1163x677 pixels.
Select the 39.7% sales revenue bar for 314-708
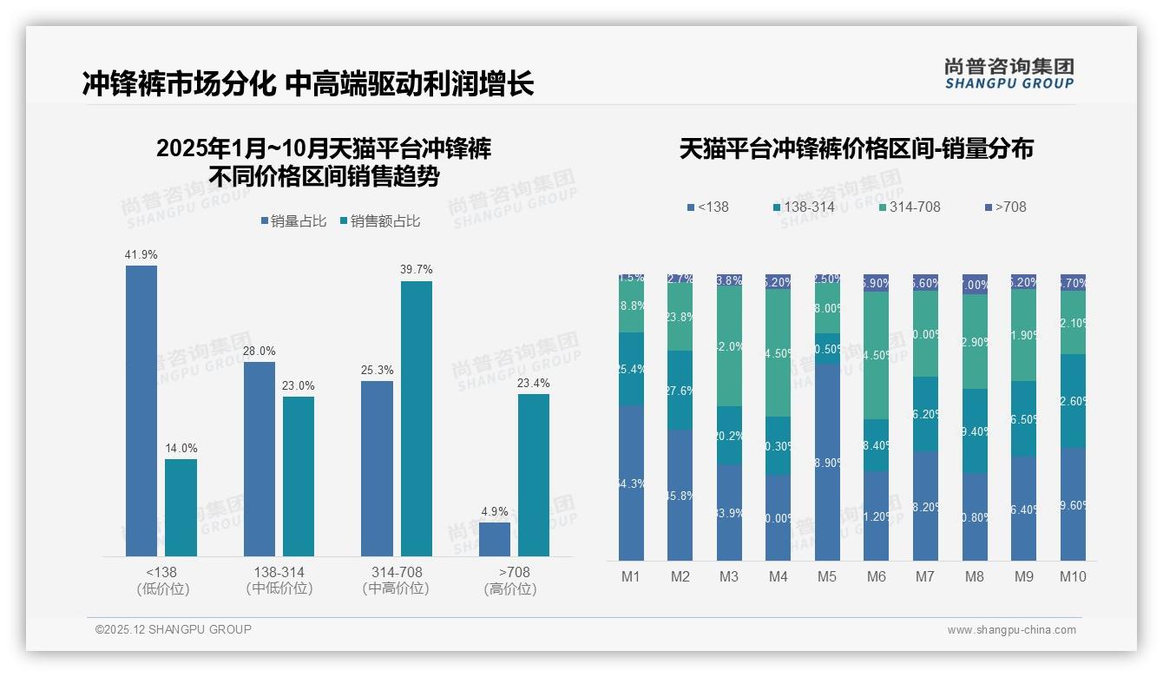coord(417,418)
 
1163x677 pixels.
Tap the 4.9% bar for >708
coord(495,539)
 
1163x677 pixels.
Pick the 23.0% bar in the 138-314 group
coord(299,477)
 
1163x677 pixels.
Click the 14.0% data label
coord(181,449)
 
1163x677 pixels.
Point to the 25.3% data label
coord(378,371)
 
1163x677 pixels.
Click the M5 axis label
coord(827,576)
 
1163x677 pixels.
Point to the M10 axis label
coord(1073,576)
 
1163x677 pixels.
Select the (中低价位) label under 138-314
coord(279,588)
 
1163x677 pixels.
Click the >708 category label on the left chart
coord(514,572)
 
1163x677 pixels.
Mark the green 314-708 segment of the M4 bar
coord(779,352)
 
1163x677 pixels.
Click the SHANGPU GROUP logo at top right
coord(1009,73)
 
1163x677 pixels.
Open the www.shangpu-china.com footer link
coord(1011,630)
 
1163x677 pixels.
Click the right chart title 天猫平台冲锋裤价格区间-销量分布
coord(856,149)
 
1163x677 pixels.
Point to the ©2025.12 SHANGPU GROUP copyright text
coord(174,629)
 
